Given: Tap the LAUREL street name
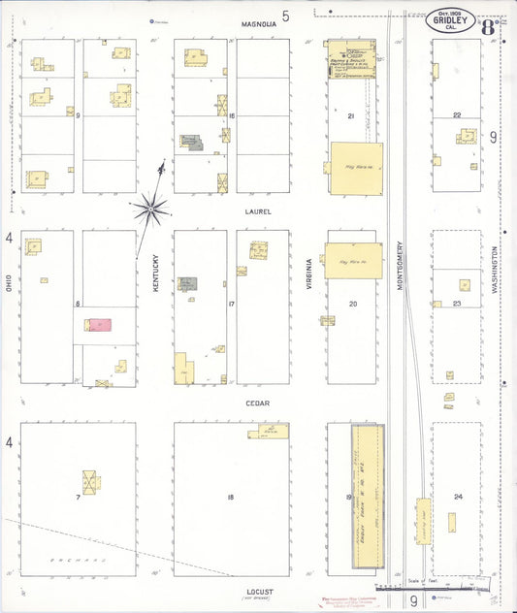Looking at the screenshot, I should pos(259,210).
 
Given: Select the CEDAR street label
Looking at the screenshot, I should pos(257,403).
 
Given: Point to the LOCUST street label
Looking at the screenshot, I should pos(259,591).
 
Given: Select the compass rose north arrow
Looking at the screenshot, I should pos(151,205).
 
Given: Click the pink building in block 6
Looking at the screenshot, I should pos(97,325).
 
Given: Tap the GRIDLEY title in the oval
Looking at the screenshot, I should pos(450,19).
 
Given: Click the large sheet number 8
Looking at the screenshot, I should pos(487,26).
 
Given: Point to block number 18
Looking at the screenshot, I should pos(231,498).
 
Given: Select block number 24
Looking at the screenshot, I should pos(458,497).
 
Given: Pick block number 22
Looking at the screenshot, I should pos(457,114).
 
